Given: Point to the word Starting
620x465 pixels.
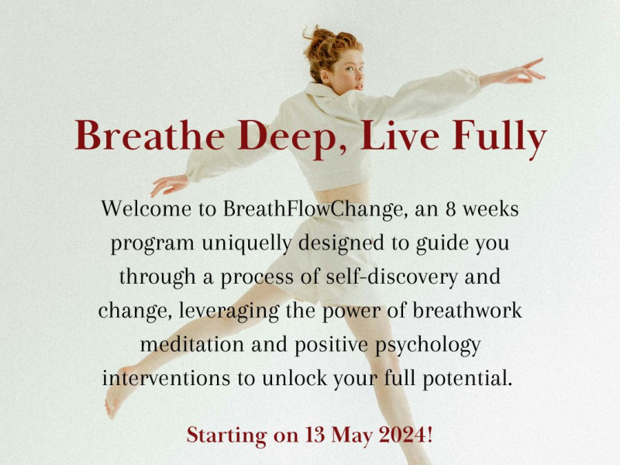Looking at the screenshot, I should pos(225,435).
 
